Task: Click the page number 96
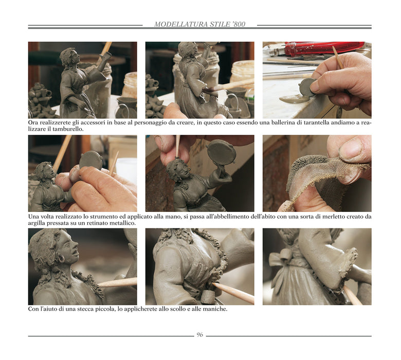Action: tap(200, 335)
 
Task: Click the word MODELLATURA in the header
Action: tap(181, 24)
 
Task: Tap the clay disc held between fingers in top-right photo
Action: tap(307, 87)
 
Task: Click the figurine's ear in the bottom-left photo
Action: tap(61, 258)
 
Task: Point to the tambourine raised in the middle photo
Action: tap(221, 153)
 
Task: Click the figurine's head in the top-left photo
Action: tap(69, 56)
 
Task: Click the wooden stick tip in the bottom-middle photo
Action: tap(214, 284)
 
